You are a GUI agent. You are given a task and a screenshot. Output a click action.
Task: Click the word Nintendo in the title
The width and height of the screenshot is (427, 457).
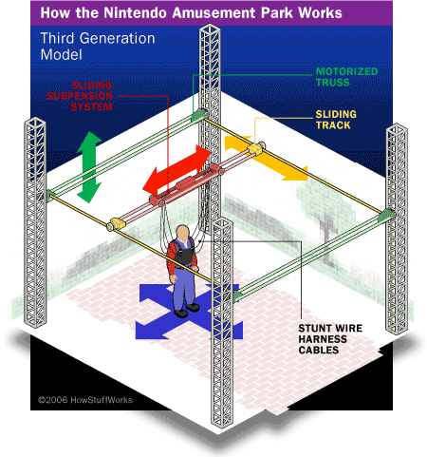136,12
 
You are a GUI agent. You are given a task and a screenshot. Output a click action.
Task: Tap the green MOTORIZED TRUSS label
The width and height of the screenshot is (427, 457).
346,77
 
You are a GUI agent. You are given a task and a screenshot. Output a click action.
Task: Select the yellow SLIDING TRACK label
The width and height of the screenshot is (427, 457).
336,120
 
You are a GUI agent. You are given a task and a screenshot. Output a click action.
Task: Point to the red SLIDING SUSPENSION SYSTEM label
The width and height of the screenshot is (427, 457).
80,96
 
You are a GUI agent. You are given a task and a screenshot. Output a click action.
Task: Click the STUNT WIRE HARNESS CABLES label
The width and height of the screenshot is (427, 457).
330,339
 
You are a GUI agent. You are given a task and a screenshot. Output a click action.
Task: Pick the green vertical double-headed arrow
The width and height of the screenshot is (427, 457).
89,167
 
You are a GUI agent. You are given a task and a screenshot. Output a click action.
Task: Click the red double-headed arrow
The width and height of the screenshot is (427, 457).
176,169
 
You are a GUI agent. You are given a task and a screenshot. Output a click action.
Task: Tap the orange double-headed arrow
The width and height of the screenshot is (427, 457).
266,159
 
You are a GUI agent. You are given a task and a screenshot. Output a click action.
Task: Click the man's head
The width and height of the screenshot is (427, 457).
182,233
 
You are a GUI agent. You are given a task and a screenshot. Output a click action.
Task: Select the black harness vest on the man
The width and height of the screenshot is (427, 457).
182,254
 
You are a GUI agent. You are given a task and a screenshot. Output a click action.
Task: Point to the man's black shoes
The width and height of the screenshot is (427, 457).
187,310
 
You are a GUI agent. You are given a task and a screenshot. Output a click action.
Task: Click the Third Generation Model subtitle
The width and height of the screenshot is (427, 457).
98,47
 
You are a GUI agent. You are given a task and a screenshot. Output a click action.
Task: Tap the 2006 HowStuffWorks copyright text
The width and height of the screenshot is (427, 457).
85,400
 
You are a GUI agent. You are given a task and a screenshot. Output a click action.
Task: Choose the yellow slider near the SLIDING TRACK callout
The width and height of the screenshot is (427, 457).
256,148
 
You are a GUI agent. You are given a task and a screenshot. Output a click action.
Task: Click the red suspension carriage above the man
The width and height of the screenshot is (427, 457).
187,186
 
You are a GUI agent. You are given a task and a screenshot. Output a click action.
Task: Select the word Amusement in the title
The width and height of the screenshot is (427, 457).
213,12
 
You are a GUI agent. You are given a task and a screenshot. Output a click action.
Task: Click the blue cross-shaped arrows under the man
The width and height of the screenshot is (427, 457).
189,312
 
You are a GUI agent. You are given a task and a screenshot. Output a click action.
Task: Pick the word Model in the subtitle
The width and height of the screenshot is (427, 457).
62,54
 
